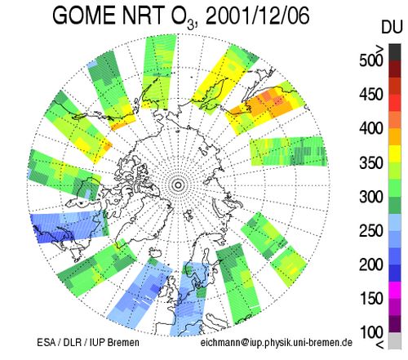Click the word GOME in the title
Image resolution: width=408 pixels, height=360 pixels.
coord(85,16)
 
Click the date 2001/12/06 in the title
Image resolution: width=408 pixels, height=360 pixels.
coord(257,16)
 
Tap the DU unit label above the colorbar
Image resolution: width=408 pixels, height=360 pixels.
coord(391,27)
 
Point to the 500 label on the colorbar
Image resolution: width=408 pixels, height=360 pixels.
coord(371,60)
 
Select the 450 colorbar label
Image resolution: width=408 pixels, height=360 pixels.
coord(371,95)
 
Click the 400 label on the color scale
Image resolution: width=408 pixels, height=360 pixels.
coord(371,128)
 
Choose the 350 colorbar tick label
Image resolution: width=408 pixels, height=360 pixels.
coord(371,162)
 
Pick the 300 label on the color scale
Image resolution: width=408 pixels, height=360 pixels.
coord(371,197)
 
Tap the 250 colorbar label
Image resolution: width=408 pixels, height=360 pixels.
coord(371,231)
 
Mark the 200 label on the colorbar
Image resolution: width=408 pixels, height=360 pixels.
coord(371,264)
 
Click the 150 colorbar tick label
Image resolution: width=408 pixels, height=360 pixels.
coord(371,299)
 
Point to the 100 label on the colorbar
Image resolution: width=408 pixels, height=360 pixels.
coord(371,332)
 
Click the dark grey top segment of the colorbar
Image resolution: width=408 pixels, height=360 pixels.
coord(395,52)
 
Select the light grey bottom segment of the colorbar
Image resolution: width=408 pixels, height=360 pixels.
coord(395,340)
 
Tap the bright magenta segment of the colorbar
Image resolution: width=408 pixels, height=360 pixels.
coord(395,290)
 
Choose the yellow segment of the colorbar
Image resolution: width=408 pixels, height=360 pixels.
coord(395,154)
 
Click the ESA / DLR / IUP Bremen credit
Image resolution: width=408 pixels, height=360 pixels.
coord(88,342)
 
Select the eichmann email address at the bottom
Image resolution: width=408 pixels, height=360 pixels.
coord(277,343)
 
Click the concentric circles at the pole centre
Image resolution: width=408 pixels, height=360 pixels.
coord(178,185)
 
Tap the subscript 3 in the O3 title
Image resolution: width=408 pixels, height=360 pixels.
coord(191,25)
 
